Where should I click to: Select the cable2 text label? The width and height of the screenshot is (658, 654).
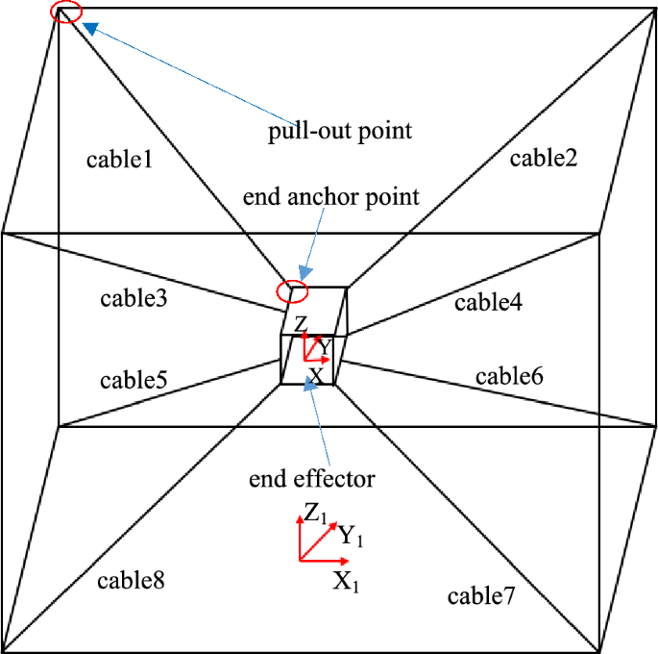coord(543,158)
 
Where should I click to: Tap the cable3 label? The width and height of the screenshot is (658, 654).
coord(134,298)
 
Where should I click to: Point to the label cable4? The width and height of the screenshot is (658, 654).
coord(488,303)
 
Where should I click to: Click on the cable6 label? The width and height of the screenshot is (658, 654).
coord(509,375)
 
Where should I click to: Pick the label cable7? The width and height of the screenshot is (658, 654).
coord(482,596)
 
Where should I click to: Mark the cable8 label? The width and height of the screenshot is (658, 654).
coord(131,581)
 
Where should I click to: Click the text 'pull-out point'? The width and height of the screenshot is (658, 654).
coord(340,131)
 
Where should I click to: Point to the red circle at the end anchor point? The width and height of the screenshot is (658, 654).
coord(291,290)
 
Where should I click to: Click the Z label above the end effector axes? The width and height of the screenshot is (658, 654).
coord(301,323)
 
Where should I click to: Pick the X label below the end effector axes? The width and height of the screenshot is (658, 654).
coord(314,374)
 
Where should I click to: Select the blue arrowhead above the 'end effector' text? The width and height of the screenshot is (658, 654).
coord(309,384)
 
